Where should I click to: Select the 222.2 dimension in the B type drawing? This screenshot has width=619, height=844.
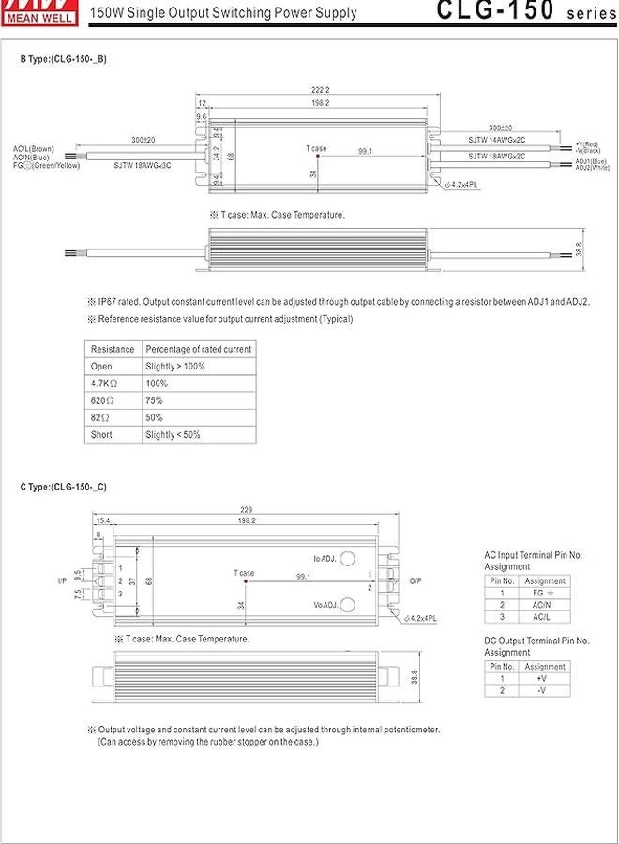321,89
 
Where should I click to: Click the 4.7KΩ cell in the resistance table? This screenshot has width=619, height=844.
103,384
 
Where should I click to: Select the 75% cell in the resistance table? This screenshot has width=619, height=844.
154,400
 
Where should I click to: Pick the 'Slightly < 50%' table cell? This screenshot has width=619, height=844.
173,434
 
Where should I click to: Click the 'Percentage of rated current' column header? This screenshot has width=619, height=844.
198,349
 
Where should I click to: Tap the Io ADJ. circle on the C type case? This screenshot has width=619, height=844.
347,558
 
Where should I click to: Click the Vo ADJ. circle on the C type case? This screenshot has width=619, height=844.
347,605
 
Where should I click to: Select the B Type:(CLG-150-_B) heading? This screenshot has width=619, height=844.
64,59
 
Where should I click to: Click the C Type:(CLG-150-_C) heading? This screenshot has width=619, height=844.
64,487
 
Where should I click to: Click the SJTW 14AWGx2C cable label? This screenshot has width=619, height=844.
496,140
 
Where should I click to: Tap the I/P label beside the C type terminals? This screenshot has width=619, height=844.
63,581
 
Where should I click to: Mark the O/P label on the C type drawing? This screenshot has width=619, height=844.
416,581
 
